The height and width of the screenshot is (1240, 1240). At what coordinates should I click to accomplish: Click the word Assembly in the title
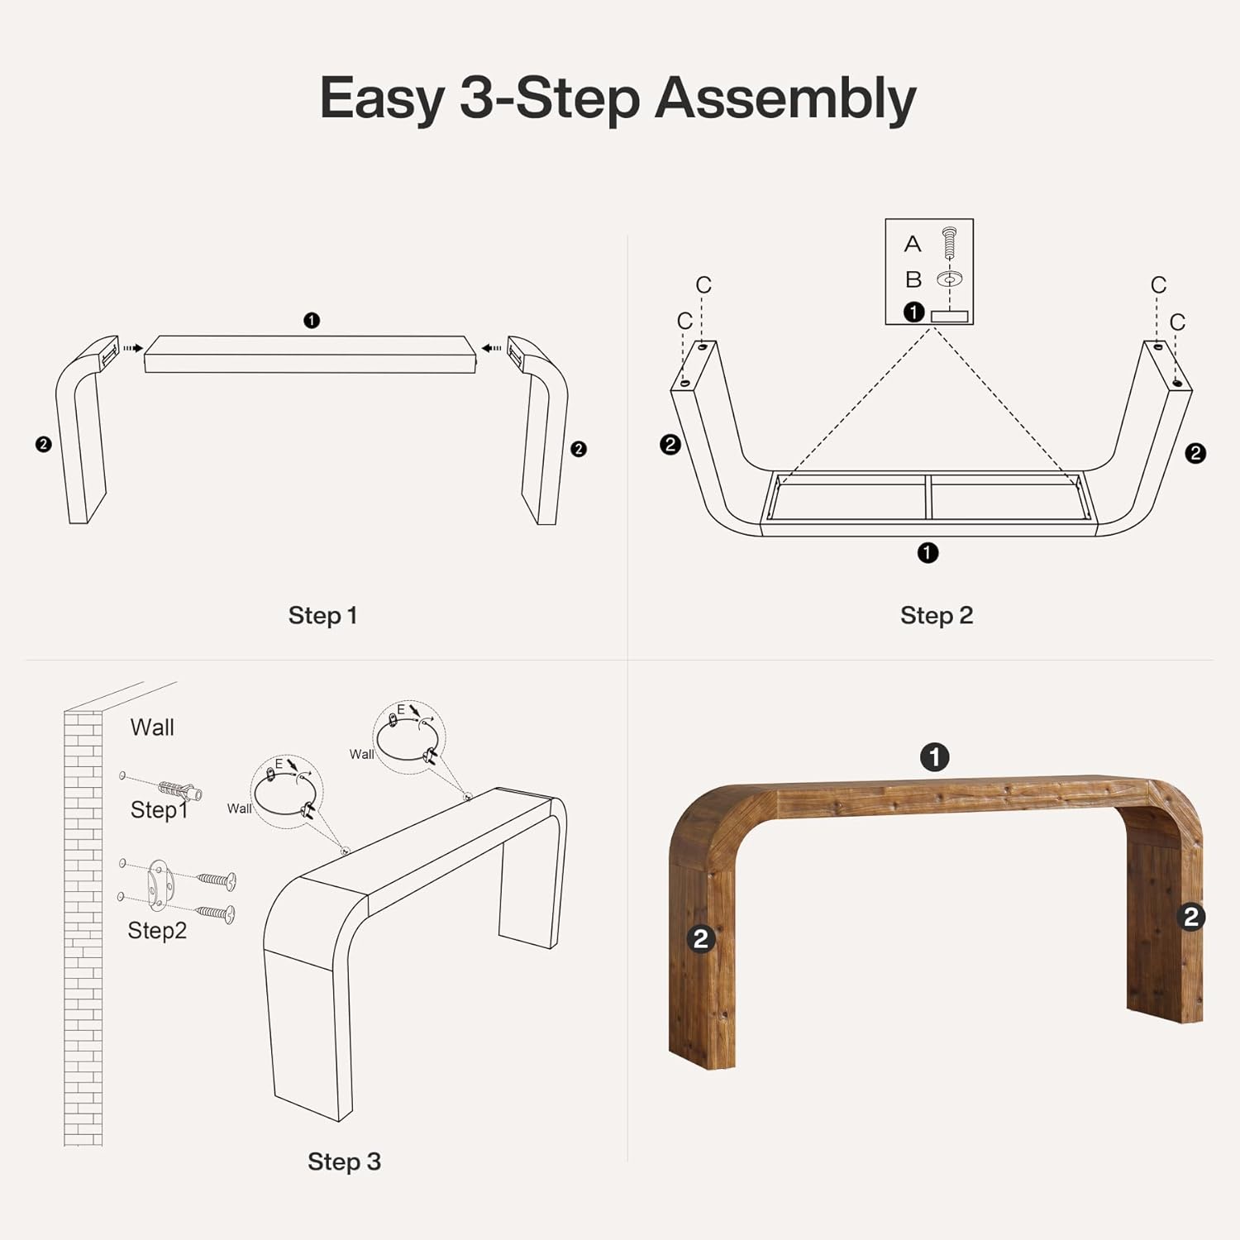point(785,99)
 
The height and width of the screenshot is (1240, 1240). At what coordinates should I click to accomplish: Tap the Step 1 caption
point(322,616)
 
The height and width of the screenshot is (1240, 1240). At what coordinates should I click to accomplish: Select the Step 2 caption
point(937,616)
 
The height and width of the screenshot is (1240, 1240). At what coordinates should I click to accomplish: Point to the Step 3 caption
point(344,1161)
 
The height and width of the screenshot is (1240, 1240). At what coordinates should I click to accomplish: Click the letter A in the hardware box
point(913,244)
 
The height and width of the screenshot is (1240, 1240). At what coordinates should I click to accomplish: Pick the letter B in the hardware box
point(913,279)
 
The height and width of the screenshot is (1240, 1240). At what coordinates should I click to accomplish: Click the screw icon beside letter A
point(949,243)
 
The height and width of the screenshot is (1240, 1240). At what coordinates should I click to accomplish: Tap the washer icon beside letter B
point(949,279)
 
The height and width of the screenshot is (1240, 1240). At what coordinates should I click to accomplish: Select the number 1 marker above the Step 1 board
point(312,321)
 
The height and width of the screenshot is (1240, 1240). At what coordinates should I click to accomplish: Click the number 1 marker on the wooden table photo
point(935,757)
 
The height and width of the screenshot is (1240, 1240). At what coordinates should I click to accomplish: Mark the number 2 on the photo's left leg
point(701,938)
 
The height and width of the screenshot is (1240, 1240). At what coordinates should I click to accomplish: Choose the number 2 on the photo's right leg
point(1191,917)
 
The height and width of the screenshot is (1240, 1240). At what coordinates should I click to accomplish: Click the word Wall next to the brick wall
point(152,727)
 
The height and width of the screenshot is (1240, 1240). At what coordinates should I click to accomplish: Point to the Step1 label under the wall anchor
point(159,810)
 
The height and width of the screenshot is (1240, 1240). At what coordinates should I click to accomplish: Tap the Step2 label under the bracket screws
point(157,931)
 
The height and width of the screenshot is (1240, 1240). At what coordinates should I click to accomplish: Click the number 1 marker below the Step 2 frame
point(928,553)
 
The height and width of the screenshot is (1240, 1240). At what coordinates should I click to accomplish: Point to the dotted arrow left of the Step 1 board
point(132,349)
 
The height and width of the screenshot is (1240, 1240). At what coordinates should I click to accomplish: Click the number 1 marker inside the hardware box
point(913,312)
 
